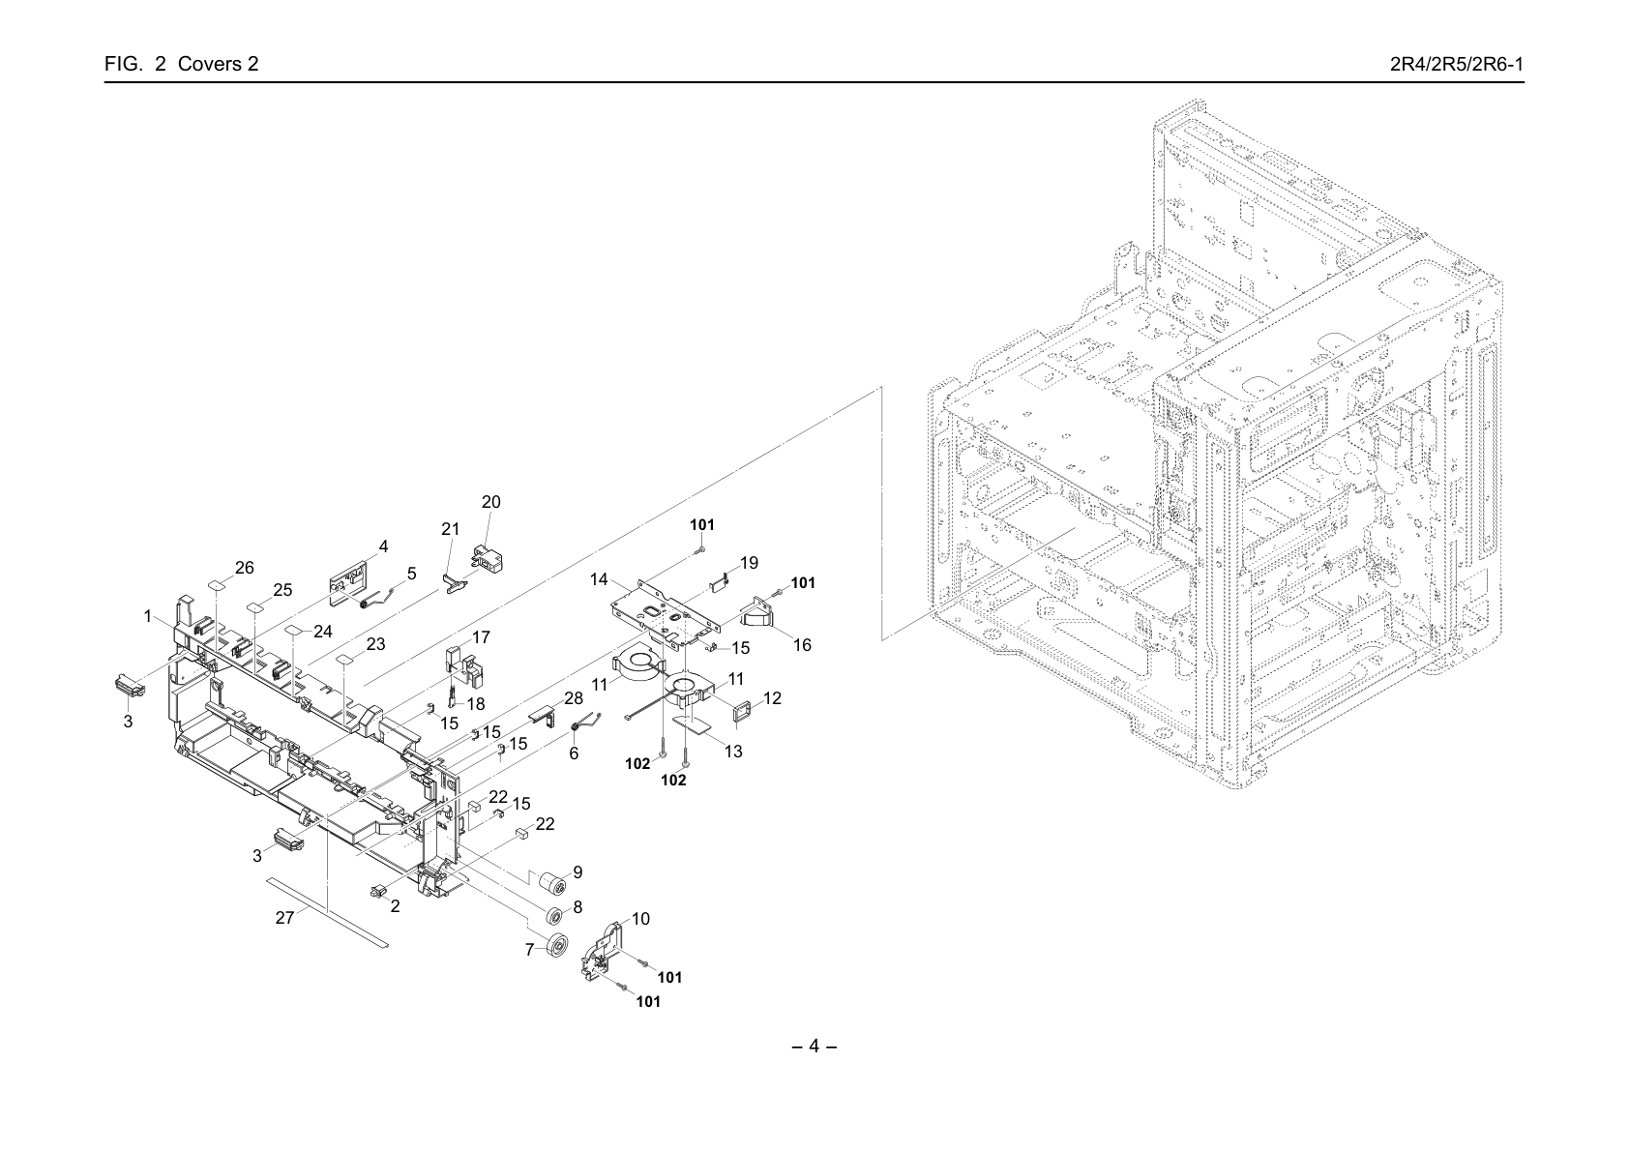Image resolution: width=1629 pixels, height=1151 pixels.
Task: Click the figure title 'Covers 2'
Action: (x=218, y=64)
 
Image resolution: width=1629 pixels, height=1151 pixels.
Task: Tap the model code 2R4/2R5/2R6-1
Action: (x=1457, y=64)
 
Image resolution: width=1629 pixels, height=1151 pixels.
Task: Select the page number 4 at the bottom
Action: (x=814, y=1046)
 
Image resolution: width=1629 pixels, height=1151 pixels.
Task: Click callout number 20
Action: (x=490, y=502)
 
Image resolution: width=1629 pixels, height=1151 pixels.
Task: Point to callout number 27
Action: (x=284, y=918)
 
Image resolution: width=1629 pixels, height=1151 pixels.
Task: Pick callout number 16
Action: (x=801, y=645)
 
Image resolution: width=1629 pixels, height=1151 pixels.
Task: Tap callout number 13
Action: (x=733, y=752)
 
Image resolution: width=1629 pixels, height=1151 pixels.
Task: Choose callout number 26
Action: (x=245, y=567)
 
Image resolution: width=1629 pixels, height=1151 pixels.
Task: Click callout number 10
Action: (x=640, y=918)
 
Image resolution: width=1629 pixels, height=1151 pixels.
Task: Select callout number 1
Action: (x=148, y=616)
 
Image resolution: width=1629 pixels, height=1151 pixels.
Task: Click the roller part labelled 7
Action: (x=556, y=946)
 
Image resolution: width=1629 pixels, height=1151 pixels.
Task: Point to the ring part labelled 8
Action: (x=553, y=915)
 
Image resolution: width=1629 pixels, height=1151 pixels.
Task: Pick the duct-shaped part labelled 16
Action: (x=756, y=613)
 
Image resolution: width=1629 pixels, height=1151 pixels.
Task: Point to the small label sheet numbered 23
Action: (x=346, y=660)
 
